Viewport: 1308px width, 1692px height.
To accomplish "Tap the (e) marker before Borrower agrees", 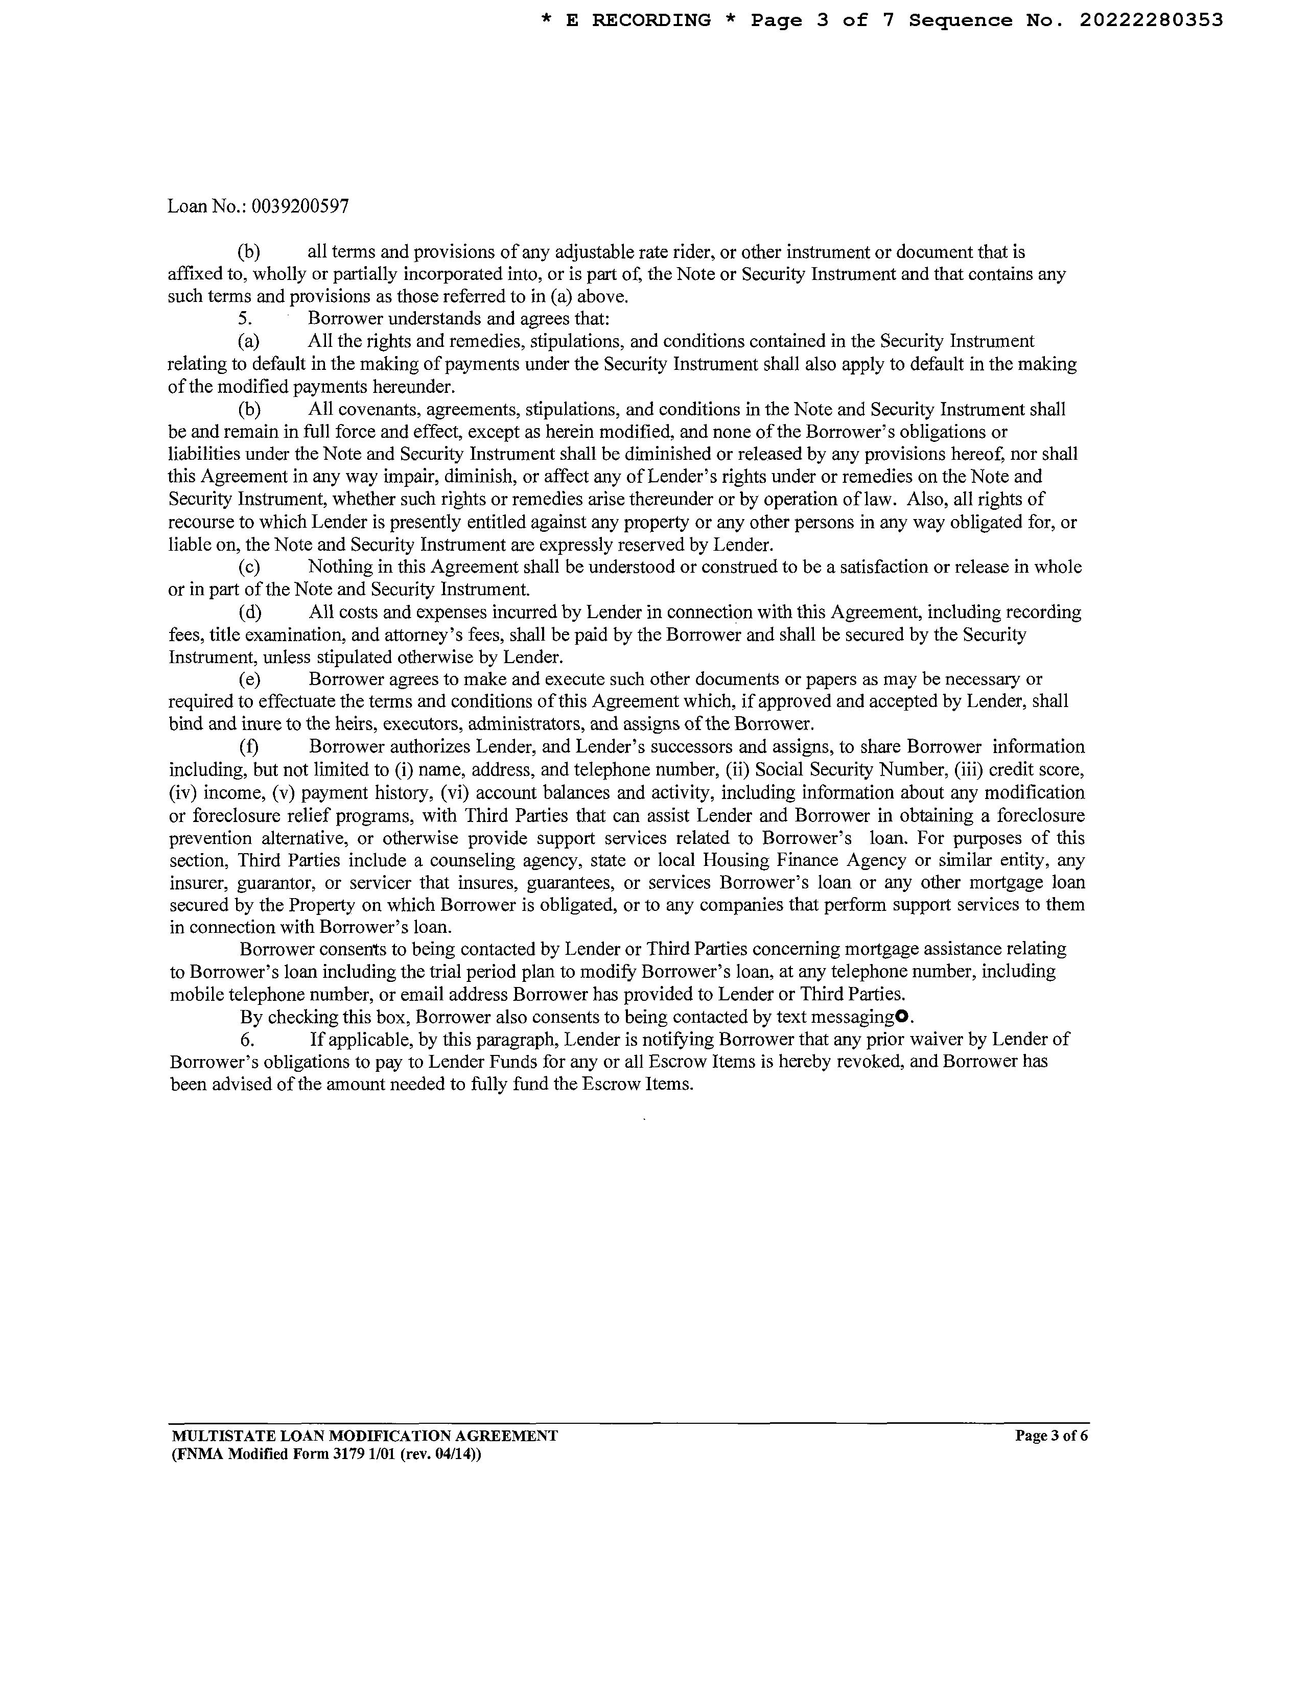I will [249, 679].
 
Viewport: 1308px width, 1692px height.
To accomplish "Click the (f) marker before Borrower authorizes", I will [249, 747].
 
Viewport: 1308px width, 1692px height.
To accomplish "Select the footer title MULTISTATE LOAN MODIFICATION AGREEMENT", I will [364, 1436].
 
